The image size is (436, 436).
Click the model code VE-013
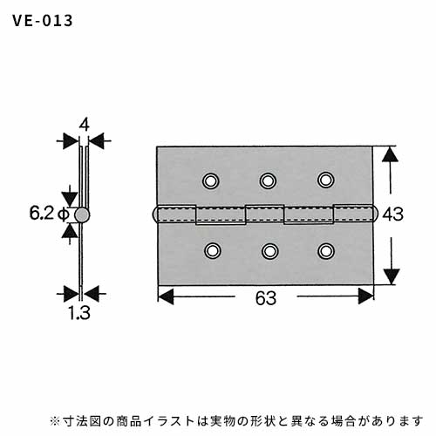pyautogui.click(x=43, y=21)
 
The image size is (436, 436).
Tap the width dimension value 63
pyautogui.click(x=266, y=298)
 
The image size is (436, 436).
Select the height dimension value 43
pyautogui.click(x=393, y=215)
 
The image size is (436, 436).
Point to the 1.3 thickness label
pyautogui.click(x=79, y=313)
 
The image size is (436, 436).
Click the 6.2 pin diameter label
pyautogui.click(x=42, y=214)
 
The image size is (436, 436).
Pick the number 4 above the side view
pyautogui.click(x=84, y=126)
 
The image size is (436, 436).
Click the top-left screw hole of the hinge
pyautogui.click(x=211, y=181)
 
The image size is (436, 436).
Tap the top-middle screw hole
pyautogui.click(x=268, y=181)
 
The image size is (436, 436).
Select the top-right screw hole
pyautogui.click(x=326, y=180)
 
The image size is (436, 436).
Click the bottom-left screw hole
pyautogui.click(x=213, y=250)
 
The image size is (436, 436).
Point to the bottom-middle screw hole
pyautogui.click(x=269, y=251)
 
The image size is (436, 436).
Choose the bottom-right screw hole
pyautogui.click(x=326, y=251)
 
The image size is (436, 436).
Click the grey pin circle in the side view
pyautogui.click(x=82, y=215)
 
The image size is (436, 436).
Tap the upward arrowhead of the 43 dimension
pyautogui.click(x=390, y=154)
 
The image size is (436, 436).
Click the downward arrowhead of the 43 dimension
pyautogui.click(x=392, y=276)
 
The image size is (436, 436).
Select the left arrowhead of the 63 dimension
pyautogui.click(x=166, y=296)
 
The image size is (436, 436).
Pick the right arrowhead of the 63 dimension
pyautogui.click(x=365, y=296)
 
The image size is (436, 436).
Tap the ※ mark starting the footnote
pyautogui.click(x=55, y=421)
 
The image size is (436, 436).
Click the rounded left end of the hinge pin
pyautogui.click(x=153, y=215)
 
